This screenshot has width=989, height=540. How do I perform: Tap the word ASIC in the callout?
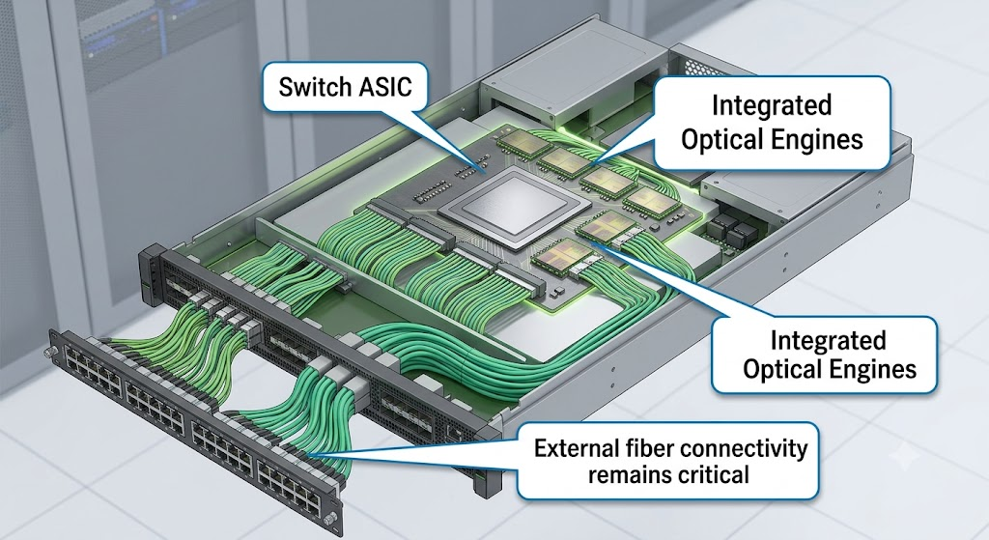point(386,86)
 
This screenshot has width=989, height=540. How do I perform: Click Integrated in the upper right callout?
point(772,105)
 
